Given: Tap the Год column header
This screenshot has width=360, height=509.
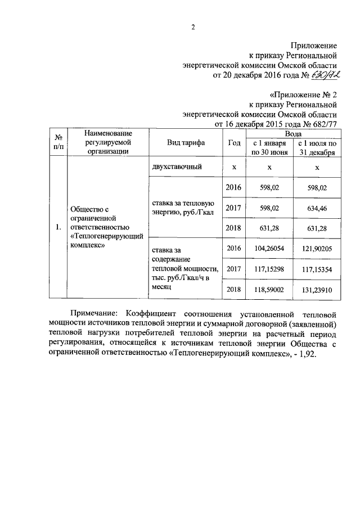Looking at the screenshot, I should (233, 143).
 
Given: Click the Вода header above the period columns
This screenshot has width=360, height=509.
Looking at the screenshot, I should (292, 134).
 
